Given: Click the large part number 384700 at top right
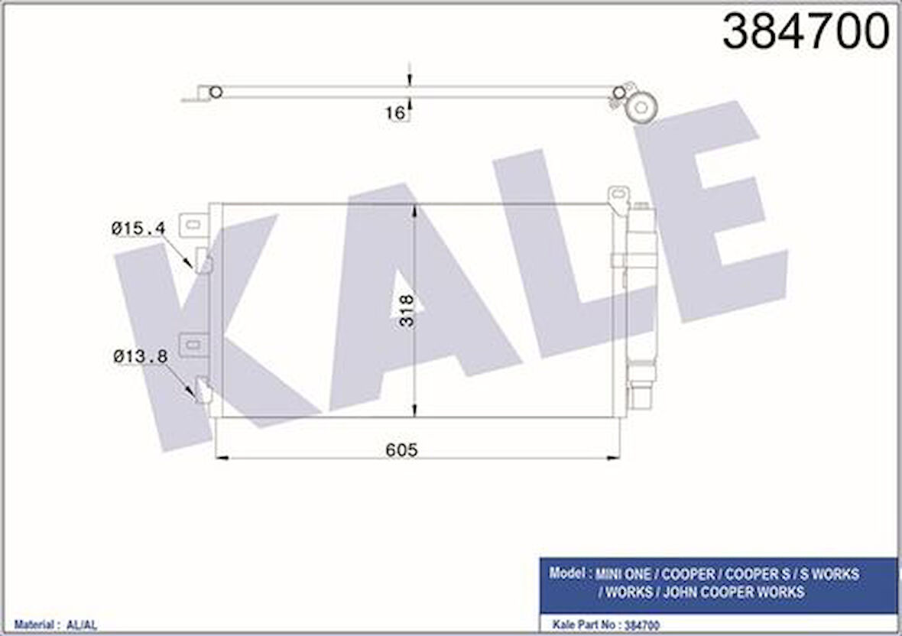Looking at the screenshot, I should pyautogui.click(x=806, y=32).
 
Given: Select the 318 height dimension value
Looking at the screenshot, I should pyautogui.click(x=407, y=310).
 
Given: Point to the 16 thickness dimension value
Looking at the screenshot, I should pyautogui.click(x=395, y=113).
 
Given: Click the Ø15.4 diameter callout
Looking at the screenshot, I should pyautogui.click(x=138, y=228).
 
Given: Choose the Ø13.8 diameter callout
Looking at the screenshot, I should pyautogui.click(x=140, y=356).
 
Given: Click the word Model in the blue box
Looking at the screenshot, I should pyautogui.click(x=566, y=573).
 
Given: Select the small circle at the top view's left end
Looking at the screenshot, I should pyautogui.click(x=216, y=92).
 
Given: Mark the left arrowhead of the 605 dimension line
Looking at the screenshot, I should pyautogui.click(x=222, y=458).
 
